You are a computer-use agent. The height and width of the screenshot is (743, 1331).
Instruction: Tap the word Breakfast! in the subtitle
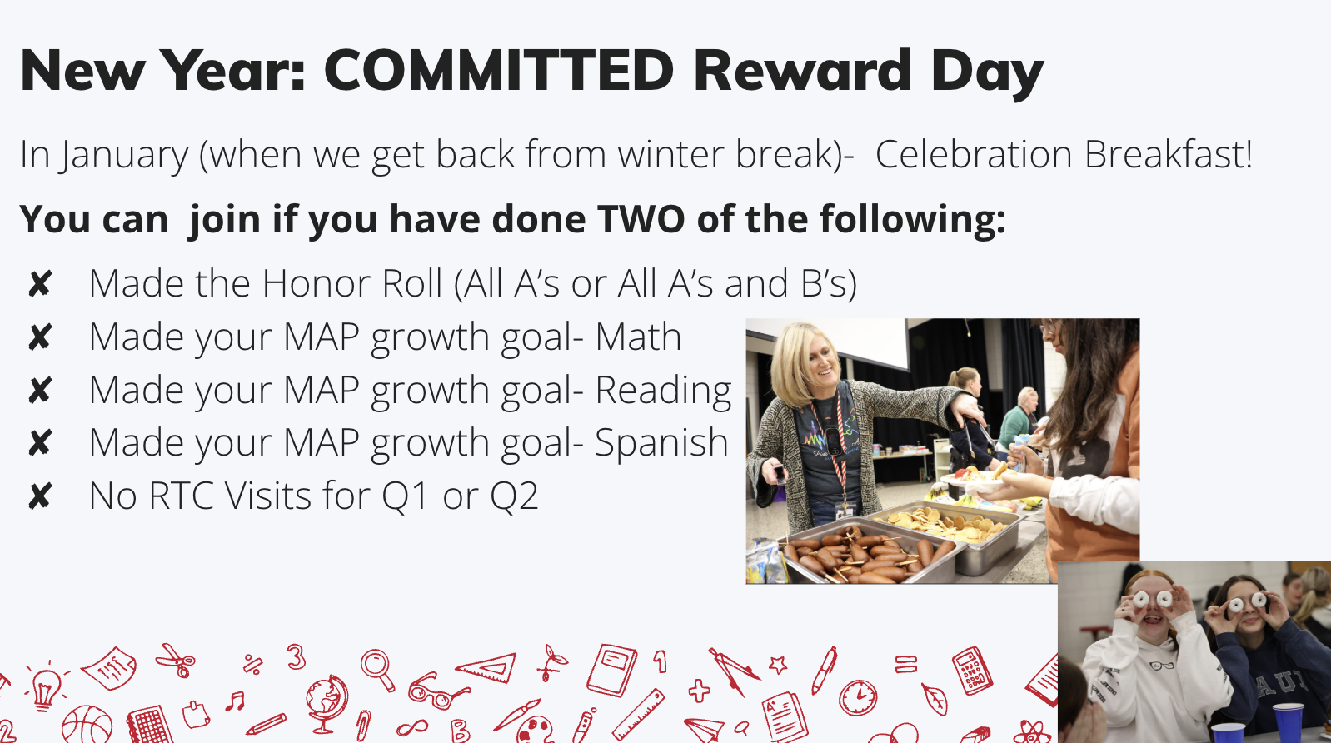tap(1169, 154)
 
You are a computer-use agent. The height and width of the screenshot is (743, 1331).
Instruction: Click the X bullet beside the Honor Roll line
tap(40, 283)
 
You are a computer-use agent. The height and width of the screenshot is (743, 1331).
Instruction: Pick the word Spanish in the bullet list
tap(661, 443)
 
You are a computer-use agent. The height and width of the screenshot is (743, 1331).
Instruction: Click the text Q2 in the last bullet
tap(514, 496)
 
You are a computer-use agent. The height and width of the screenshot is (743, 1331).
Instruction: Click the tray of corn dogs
tap(868, 554)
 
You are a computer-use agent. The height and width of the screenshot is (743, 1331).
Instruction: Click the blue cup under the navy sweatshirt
tap(1288, 721)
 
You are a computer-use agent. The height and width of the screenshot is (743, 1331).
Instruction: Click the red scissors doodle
tap(176, 660)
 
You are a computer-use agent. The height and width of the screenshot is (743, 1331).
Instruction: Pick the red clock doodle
tap(858, 697)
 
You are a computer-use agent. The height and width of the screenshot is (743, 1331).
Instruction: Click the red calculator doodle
tap(971, 671)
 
